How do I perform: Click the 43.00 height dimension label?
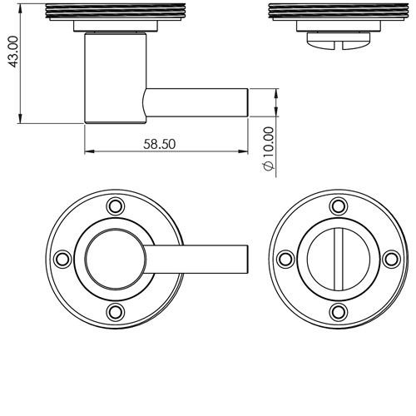click(13, 52)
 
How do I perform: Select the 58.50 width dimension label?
click(160, 144)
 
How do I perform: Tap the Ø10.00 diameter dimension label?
click(268, 148)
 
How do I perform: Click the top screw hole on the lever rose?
click(116, 206)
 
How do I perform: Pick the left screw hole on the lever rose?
click(62, 259)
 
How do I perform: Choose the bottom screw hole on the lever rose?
click(116, 312)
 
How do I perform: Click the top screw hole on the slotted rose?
click(339, 206)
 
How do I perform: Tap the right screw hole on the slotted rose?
click(391, 259)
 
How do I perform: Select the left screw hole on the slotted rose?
click(285, 259)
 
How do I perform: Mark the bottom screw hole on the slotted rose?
click(339, 312)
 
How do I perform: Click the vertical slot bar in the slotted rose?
click(339, 259)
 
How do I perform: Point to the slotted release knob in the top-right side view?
click(339, 41)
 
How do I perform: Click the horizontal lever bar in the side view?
click(196, 102)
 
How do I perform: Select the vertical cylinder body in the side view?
click(115, 78)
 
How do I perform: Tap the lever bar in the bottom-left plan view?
click(196, 259)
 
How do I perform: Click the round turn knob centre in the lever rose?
click(116, 259)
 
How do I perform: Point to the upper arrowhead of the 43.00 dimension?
click(20, 9)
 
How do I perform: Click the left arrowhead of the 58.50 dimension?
click(90, 151)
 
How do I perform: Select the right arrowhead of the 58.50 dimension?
click(242, 151)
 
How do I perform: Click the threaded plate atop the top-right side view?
click(339, 12)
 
